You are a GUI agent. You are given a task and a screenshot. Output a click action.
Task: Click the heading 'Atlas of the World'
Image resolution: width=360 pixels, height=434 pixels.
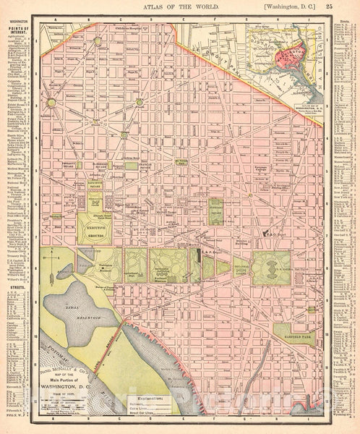(x=180, y=8)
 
